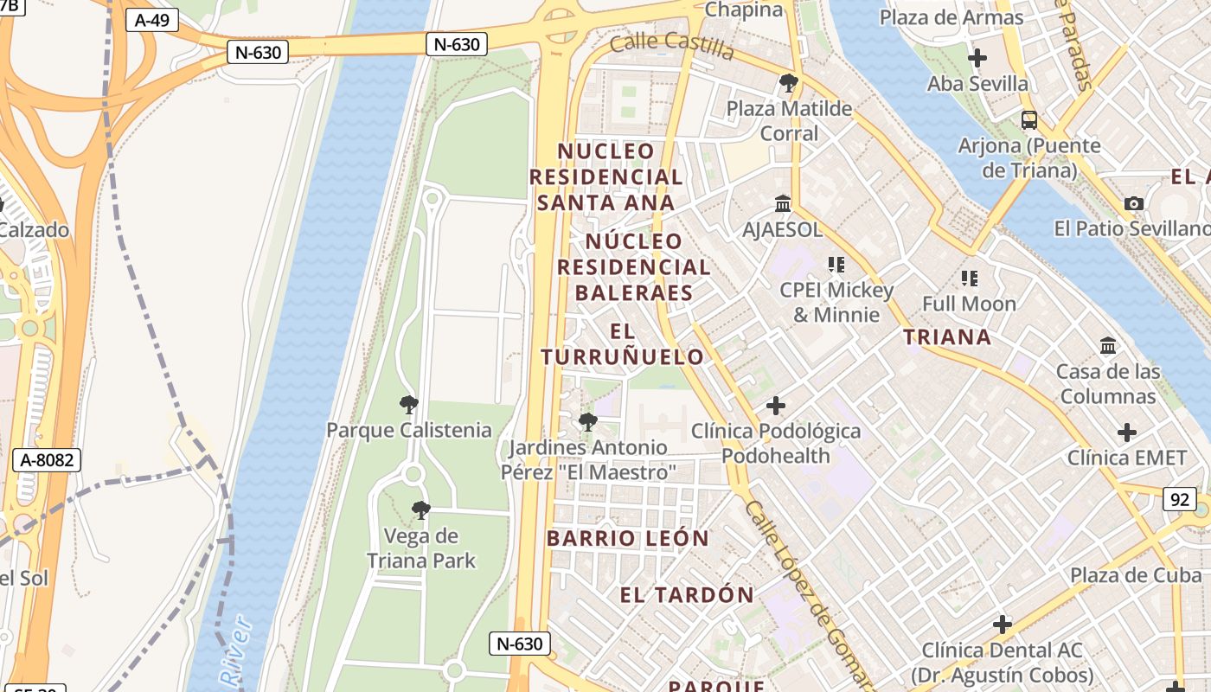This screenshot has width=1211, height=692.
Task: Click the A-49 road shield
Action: coord(152,20)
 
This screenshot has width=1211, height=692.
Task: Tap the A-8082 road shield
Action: coord(48,460)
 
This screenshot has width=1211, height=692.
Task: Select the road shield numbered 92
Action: coord(1180,499)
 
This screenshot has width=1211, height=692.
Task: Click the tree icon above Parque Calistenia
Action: coord(409,404)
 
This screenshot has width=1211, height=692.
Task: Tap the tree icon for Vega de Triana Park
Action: coord(421,510)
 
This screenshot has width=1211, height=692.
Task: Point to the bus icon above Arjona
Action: coord(1028,120)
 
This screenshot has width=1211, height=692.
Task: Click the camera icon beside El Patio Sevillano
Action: coord(1134,204)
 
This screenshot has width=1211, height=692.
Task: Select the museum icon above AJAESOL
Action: coord(783,204)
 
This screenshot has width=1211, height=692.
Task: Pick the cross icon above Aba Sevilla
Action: coord(977,58)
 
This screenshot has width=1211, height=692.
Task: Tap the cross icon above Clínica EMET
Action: coord(1126,432)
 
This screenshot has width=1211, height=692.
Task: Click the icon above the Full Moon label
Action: coord(969,279)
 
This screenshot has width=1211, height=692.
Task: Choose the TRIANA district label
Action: coord(948,337)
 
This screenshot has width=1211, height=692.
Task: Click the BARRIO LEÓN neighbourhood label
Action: coord(628,538)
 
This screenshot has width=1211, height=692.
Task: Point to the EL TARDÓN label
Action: coord(687,595)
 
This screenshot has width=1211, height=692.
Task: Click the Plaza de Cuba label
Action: coord(1136,575)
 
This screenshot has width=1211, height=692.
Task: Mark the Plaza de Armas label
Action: coord(951,17)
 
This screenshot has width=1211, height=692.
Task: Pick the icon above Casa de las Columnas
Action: coord(1108,346)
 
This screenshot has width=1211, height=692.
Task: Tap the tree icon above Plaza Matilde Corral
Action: coord(788,83)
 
